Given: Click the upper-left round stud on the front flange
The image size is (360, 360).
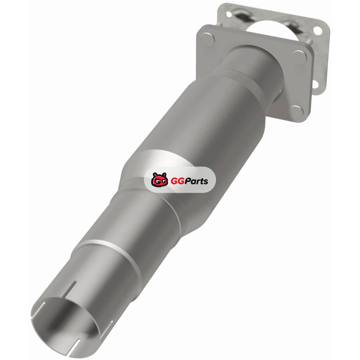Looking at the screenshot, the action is point(207,40).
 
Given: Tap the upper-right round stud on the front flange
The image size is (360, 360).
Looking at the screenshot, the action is point(299,57).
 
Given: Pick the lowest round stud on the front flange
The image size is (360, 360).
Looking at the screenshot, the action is point(296,112).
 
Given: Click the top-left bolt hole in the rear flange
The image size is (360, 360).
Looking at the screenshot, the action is point(229,14).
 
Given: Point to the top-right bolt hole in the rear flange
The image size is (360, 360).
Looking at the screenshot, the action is point(318,31).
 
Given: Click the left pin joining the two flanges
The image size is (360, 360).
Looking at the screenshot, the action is point(219,24).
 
